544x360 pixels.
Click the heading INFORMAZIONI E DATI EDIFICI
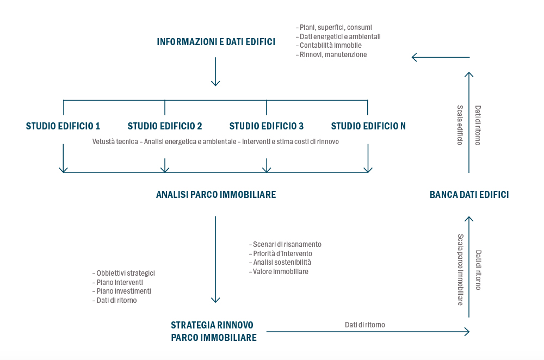[216, 42]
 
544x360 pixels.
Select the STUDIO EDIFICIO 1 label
[63, 126]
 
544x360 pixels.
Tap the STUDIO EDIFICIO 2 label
[165, 126]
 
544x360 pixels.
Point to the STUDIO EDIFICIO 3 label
[267, 126]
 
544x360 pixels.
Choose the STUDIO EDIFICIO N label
[368, 126]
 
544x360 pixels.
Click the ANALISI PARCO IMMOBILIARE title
[216, 195]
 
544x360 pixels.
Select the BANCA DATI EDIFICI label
[469, 195]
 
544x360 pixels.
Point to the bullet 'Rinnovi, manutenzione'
[333, 55]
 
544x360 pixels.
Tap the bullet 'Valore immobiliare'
[280, 271]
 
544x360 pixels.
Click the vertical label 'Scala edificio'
[460, 125]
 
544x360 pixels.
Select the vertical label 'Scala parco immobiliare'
[460, 270]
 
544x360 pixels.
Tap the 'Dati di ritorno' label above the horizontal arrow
[364, 325]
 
